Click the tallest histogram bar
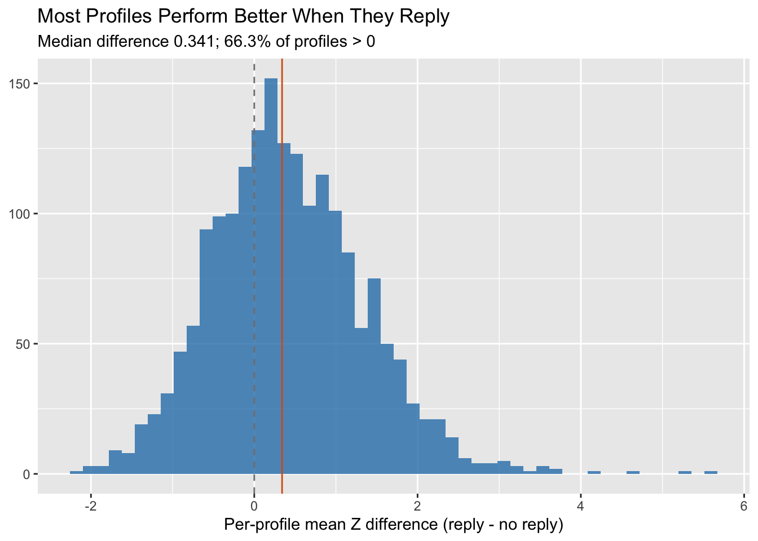click(271, 276)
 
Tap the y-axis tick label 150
click(23, 84)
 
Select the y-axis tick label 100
click(23, 214)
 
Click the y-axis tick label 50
click(25, 344)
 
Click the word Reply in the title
click(425, 17)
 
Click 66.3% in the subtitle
click(246, 42)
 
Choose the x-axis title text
click(394, 525)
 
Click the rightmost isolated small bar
click(711, 472)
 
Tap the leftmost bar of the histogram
click(76, 472)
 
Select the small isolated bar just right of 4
click(594, 472)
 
